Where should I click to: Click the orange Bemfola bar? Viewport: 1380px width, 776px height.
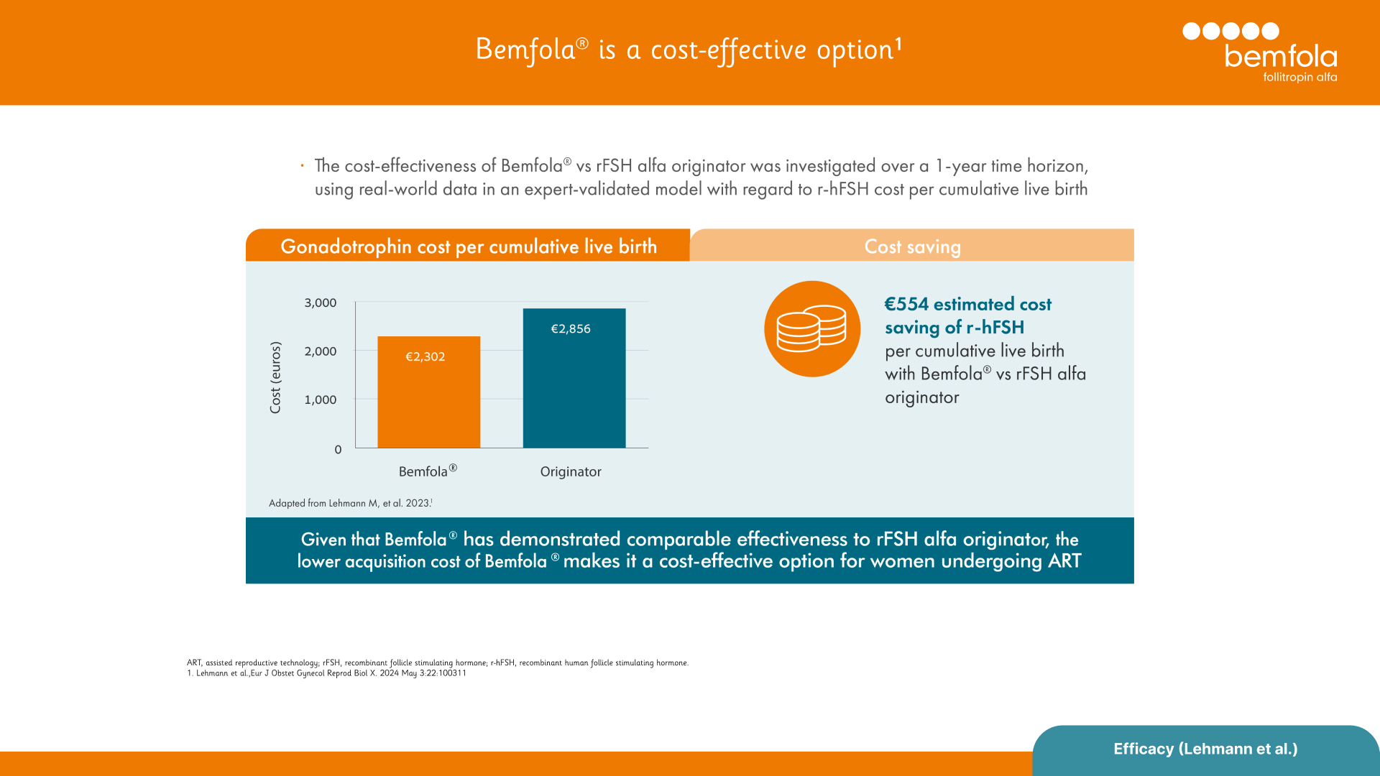point(428,402)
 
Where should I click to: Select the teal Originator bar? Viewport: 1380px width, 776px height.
point(574,388)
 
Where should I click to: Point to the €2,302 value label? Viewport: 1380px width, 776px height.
point(425,356)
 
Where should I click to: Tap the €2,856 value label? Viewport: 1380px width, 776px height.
point(571,328)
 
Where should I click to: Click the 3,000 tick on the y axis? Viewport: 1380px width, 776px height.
point(320,302)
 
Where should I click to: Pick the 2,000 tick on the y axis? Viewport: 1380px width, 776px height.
point(320,351)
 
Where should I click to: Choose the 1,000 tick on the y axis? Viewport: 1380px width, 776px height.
point(320,399)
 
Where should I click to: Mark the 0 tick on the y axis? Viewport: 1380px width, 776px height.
point(338,450)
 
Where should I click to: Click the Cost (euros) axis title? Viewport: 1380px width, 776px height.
point(275,377)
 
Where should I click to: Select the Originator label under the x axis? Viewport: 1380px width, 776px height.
point(571,471)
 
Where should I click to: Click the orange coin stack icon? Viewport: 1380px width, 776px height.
point(812,329)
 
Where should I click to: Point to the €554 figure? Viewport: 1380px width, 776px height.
point(907,304)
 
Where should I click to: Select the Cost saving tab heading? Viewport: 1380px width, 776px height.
point(912,246)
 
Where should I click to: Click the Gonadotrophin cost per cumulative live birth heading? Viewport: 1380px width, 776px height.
point(469,246)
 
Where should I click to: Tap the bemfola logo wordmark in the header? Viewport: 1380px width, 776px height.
point(1280,57)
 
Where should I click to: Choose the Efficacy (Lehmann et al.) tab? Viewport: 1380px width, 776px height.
point(1205,749)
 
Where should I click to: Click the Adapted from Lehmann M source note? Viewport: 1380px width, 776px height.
point(350,503)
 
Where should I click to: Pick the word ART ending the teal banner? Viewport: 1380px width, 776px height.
point(1064,561)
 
